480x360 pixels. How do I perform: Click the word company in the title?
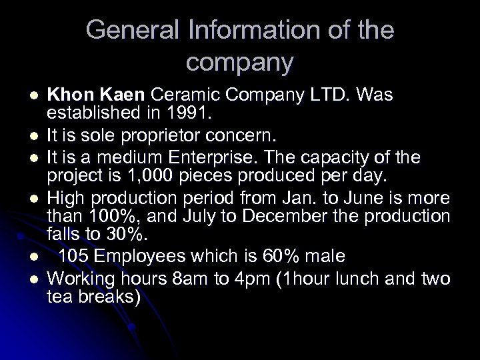(240, 62)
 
